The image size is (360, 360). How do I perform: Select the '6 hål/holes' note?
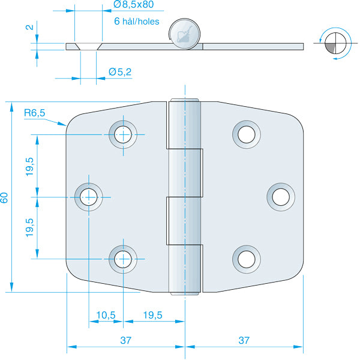coord(136,21)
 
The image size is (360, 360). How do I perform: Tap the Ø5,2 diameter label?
coord(120,71)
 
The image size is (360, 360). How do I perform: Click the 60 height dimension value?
coord(5,197)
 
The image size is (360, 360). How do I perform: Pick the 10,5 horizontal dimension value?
coord(106,314)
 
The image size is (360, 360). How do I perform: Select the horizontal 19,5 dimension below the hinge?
coord(154,314)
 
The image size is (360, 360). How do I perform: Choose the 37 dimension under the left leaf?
coord(125,340)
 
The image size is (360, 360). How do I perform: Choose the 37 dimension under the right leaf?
coord(243,340)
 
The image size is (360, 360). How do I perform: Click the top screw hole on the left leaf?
coord(124,134)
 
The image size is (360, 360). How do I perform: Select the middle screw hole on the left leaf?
coord(89,196)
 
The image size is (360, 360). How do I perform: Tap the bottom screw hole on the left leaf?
coord(124,258)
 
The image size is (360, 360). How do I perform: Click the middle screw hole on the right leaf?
coord(280,196)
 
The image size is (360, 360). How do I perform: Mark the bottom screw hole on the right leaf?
coord(245,258)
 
